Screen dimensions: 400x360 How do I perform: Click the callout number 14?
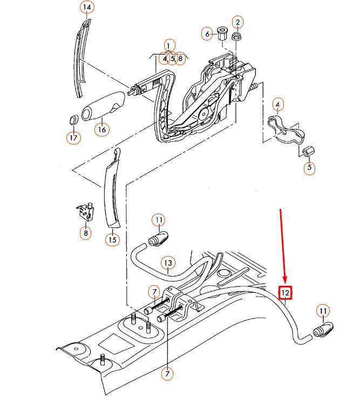pos(86,8)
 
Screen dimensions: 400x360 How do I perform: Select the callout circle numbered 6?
pos(207,34)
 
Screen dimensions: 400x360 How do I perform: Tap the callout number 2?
pos(237,23)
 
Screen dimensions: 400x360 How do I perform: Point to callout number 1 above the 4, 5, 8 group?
pos(169,46)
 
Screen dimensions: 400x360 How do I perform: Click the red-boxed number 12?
pos(285,293)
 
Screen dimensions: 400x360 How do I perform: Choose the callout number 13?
pos(168,263)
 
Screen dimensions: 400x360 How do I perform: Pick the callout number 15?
pos(112,238)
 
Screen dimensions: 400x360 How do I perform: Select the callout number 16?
pos(101,129)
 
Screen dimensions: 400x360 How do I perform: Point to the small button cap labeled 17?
pos(73,119)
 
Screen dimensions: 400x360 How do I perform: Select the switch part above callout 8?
pos(85,211)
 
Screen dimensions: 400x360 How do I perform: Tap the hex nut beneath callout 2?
pos(236,37)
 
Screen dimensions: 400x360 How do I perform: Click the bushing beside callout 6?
pos(221,33)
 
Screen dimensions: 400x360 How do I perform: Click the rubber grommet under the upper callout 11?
pos(159,238)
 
